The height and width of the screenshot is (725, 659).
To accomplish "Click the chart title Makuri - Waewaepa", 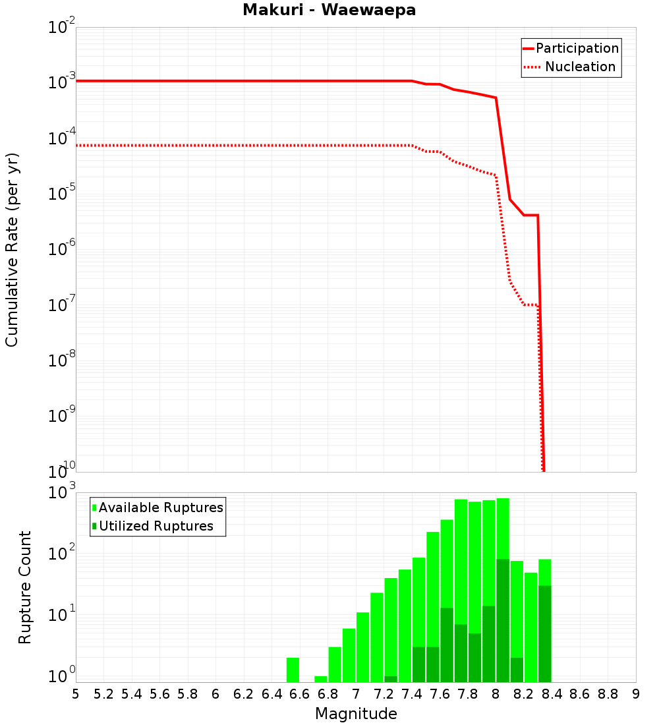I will click(x=329, y=11).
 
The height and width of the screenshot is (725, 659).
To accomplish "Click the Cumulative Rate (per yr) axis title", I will click(x=12, y=249).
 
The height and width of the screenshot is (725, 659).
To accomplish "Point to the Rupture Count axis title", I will click(x=25, y=587).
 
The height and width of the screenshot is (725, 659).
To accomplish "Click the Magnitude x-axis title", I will click(x=356, y=714).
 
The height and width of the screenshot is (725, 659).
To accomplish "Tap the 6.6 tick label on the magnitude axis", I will click(x=300, y=694).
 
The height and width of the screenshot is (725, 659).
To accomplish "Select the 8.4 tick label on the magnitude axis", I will click(x=552, y=694).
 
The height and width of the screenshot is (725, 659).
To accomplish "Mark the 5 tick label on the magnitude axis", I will click(x=76, y=694).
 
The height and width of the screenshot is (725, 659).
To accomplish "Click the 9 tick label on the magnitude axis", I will click(x=636, y=694).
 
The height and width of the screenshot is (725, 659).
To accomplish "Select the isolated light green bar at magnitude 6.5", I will click(x=293, y=670).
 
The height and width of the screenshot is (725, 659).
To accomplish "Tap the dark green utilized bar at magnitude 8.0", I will click(x=503, y=620).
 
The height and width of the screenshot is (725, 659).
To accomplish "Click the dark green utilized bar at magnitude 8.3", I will click(x=545, y=633).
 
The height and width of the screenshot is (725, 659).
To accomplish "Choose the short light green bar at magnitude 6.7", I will click(x=321, y=679).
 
